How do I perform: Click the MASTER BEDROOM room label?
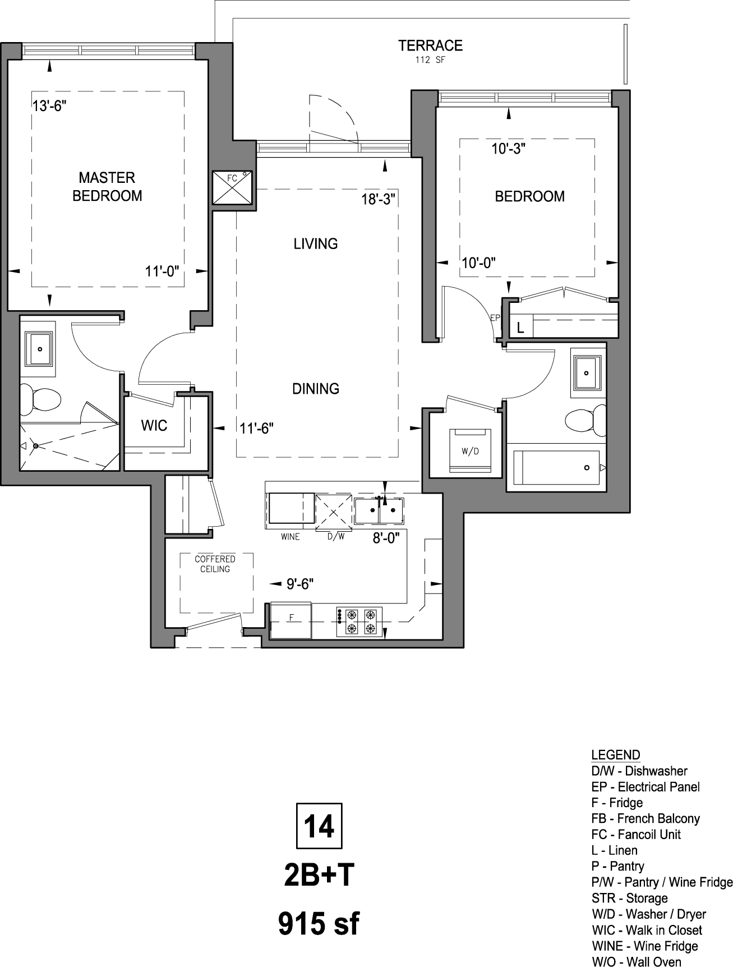click(x=107, y=187)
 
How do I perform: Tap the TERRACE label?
click(x=430, y=45)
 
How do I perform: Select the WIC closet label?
click(x=154, y=426)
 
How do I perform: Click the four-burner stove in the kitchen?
click(x=359, y=621)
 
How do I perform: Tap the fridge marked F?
click(x=291, y=620)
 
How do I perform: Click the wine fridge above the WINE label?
click(x=291, y=509)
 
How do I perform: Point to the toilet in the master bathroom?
click(x=41, y=399)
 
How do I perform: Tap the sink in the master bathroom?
click(x=39, y=349)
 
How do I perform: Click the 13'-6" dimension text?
click(x=49, y=106)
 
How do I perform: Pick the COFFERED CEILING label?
click(x=215, y=564)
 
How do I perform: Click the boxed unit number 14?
click(x=319, y=826)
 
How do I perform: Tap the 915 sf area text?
click(x=319, y=923)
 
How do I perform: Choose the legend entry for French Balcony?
click(x=646, y=818)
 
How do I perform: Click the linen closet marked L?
click(x=520, y=328)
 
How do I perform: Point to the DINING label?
click(x=316, y=389)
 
